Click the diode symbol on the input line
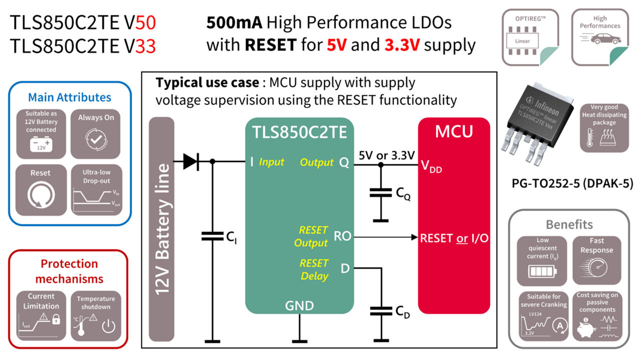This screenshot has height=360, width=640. (x=191, y=161)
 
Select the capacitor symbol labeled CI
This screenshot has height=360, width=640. (x=212, y=236)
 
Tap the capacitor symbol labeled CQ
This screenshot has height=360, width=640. (x=381, y=192)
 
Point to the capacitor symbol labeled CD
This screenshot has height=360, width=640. (x=381, y=311)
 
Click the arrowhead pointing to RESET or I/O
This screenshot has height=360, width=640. (x=414, y=237)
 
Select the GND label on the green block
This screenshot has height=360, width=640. (x=299, y=305)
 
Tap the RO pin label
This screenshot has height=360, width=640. (x=342, y=236)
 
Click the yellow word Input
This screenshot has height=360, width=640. (x=271, y=162)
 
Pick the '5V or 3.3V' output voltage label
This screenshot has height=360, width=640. (x=386, y=155)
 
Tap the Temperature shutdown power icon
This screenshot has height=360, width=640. (x=108, y=327)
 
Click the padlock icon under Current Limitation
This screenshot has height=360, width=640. (x=56, y=319)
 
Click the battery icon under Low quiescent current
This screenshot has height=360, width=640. (x=542, y=272)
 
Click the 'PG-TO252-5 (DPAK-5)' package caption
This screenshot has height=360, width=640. (x=572, y=183)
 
